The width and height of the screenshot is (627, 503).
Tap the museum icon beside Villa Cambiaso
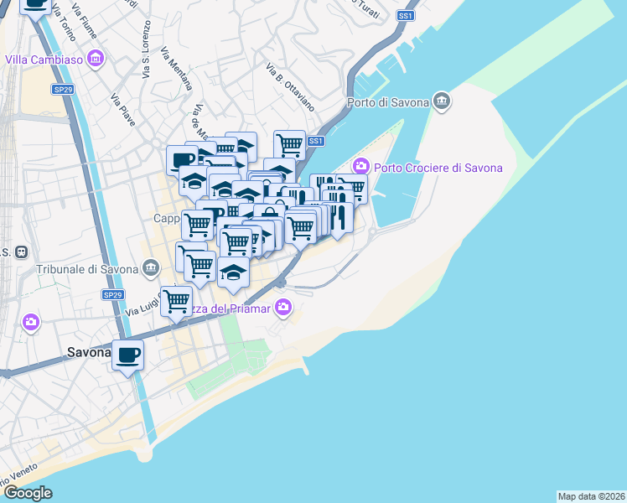pyautogui.click(x=96, y=60)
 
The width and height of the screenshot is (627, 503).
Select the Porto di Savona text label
pyautogui.click(x=387, y=103)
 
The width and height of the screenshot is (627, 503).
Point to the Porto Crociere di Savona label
pyautogui.click(x=438, y=167)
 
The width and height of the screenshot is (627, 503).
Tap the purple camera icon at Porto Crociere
pyautogui.click(x=362, y=166)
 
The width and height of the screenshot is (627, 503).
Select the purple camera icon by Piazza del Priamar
pyautogui.click(x=283, y=308)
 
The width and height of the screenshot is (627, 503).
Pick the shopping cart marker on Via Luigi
pyautogui.click(x=177, y=301)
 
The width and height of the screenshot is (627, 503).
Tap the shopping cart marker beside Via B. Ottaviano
pyautogui.click(x=289, y=144)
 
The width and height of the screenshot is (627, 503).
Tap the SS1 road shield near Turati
pyautogui.click(x=406, y=16)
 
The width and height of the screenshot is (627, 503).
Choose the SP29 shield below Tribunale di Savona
pyautogui.click(x=112, y=295)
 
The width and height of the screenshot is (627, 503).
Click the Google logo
pyautogui.click(x=28, y=493)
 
